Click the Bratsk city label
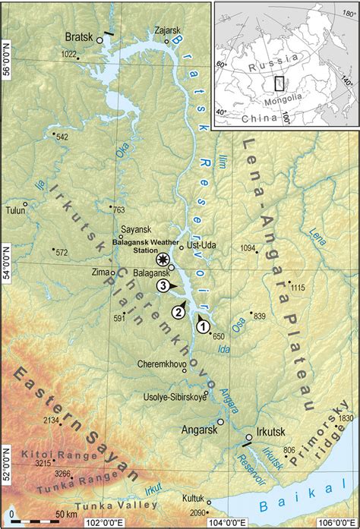click(x=76, y=36)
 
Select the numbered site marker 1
click(x=203, y=326)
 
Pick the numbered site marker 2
click(x=178, y=310)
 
